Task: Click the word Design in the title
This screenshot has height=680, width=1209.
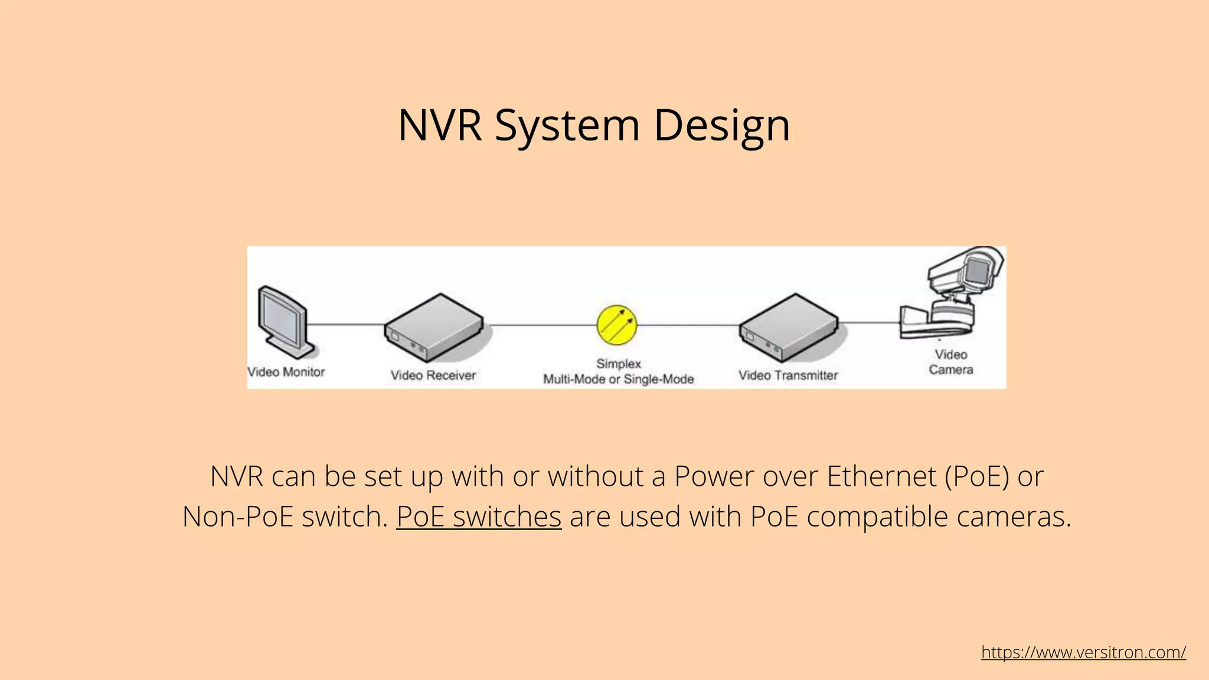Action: pos(721,125)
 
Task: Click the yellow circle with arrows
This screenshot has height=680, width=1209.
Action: pos(617,325)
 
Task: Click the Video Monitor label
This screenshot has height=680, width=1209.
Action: pos(286,372)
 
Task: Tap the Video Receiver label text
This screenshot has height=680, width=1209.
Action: pos(433,375)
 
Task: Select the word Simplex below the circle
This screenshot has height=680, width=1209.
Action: pos(618,364)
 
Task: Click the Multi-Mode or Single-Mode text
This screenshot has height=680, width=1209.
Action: pos(618,379)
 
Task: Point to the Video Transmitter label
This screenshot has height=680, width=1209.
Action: pos(788,375)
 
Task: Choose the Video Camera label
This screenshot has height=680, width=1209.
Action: pos(950,362)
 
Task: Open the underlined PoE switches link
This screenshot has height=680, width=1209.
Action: pos(479,516)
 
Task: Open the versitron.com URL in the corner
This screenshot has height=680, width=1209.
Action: pos(1083,652)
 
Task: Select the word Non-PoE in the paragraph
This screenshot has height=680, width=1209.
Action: pos(238,516)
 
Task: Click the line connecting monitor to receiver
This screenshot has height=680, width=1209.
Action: pos(345,324)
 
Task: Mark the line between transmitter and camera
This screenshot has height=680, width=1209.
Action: pos(869,322)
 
